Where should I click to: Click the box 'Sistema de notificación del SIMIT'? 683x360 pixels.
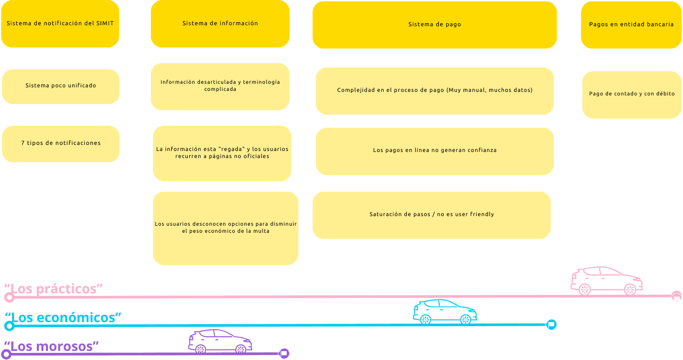point(60,24)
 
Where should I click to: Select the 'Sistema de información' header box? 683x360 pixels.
point(220,24)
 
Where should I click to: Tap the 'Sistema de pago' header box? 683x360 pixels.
point(435,25)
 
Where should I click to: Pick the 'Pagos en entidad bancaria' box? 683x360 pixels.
point(631,25)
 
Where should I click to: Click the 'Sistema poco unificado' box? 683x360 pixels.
point(61,86)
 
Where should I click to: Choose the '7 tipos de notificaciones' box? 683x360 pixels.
point(61,144)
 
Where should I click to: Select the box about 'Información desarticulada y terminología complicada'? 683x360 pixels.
point(220,86)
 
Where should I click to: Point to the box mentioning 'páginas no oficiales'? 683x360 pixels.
point(222,153)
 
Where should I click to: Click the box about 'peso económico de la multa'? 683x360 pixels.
point(225,228)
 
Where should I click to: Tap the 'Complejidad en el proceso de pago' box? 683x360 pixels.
point(435,91)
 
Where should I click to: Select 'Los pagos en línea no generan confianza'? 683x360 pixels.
point(435,151)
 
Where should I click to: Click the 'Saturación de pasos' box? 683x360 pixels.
point(432,215)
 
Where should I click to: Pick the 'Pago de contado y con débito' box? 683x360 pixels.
point(632,94)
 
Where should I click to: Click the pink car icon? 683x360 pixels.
point(607,281)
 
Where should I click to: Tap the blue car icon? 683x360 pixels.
point(445,311)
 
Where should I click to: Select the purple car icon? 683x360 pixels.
point(220,341)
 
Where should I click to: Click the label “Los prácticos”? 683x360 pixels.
point(54,289)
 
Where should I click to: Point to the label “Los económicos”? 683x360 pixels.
point(63,317)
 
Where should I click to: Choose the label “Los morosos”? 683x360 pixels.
point(51,346)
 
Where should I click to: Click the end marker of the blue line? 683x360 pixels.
point(551,325)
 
